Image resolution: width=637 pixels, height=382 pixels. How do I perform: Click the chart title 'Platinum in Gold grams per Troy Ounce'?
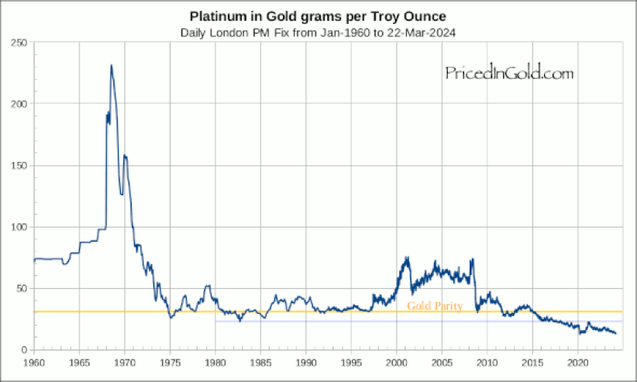(318, 16)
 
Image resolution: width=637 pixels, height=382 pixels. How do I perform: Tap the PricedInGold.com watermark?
(509, 74)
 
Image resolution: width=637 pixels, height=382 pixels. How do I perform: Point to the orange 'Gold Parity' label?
(435, 306)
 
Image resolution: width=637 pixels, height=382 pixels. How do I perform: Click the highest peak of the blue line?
(112, 66)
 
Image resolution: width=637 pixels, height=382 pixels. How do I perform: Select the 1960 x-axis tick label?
(34, 362)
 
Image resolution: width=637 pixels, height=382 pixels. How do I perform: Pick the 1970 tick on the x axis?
(125, 362)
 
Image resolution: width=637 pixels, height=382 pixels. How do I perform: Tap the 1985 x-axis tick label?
(261, 362)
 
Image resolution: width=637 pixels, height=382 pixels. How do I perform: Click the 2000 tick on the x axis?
(397, 362)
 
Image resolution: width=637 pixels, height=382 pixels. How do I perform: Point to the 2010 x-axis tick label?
(487, 362)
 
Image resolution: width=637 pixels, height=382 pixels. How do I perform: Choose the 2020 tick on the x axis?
(578, 362)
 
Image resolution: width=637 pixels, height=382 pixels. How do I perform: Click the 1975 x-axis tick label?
(170, 362)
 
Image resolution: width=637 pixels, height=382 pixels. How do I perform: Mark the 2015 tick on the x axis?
(533, 362)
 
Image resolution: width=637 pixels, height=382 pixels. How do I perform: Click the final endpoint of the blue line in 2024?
(616, 333)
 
